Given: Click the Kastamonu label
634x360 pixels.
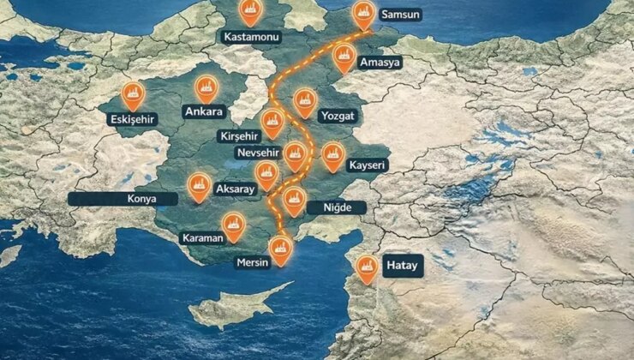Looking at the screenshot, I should [251, 38].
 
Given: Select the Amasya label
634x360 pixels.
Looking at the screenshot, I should [380, 63].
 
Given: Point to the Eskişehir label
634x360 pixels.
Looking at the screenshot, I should [133, 119].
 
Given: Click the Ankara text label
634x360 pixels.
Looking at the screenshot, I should [204, 111].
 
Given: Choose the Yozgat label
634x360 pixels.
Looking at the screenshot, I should [337, 116].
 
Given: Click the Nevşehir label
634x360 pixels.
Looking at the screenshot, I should [257, 153].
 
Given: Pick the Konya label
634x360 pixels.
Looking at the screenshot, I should [123, 198].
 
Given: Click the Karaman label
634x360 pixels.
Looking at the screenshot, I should [202, 237].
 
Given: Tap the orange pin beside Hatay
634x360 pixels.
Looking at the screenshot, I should [367, 268].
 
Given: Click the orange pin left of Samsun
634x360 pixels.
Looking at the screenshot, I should [363, 14].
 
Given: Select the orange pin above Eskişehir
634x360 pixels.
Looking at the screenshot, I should [133, 93].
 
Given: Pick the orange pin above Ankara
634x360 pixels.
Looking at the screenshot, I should [205, 87].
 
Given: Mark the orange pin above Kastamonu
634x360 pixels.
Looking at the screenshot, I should [251, 11].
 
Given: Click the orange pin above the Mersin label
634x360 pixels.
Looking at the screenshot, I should [280, 249].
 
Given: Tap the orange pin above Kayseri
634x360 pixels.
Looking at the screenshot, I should [333, 155].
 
